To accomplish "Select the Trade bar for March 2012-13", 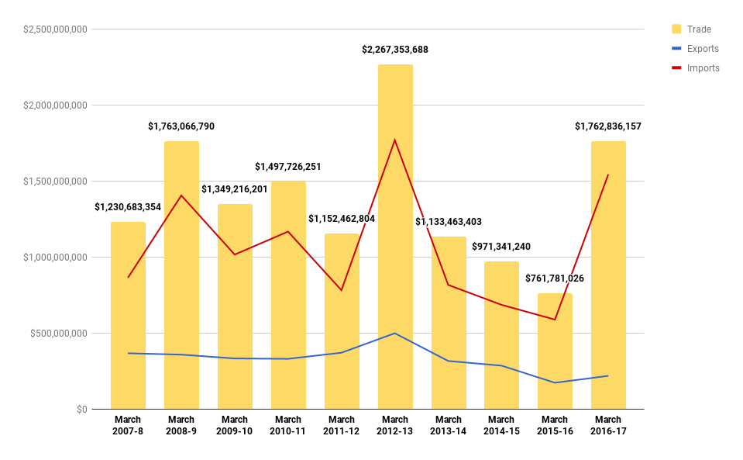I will click(395, 233).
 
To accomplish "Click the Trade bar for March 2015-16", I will click(555, 349).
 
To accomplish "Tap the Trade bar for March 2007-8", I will click(128, 310).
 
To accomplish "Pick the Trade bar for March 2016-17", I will click(608, 272).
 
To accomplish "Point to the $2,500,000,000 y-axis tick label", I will click(55, 29).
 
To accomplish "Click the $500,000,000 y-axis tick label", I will click(59, 334).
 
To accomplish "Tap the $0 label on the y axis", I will click(81, 410).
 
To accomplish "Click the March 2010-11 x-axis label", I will click(288, 425).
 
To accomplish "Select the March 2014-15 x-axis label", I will click(501, 425).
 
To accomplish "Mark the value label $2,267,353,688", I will click(395, 50).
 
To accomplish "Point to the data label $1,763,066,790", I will click(181, 126).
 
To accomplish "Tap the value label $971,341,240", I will click(501, 247).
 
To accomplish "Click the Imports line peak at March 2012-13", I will click(395, 140).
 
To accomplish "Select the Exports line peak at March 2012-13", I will click(395, 334).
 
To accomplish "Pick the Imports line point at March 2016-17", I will click(608, 175).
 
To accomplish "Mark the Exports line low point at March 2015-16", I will click(555, 382).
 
